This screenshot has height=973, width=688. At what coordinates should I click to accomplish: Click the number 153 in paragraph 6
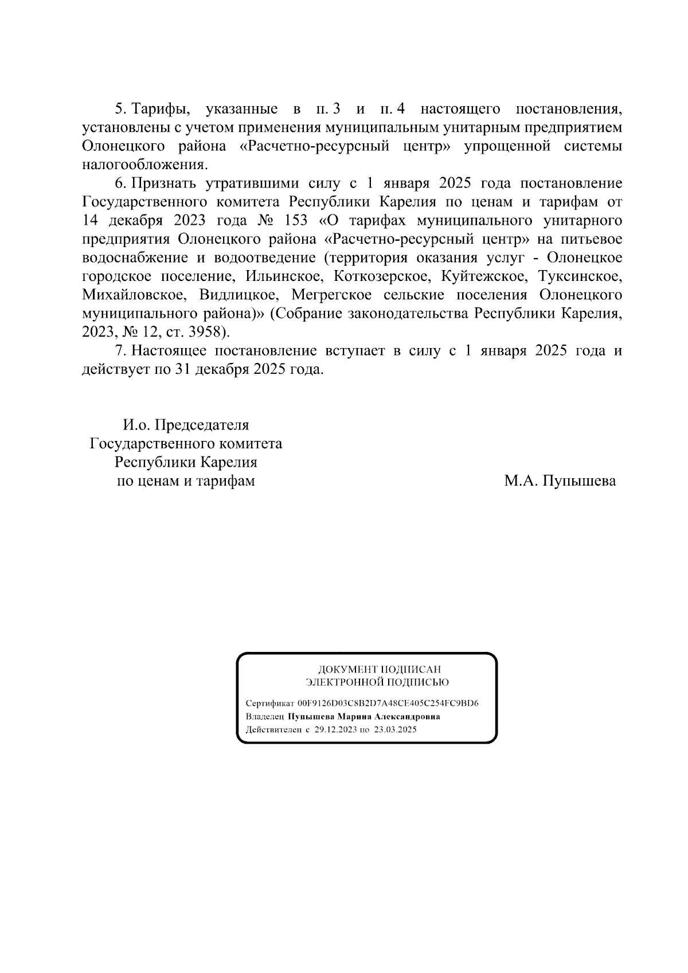tap(296, 221)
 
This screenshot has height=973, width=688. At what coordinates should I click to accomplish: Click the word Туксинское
tap(580, 276)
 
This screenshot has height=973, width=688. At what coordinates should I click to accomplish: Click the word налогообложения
tap(143, 165)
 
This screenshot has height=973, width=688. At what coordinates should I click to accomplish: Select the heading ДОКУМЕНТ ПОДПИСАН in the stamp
tap(380, 669)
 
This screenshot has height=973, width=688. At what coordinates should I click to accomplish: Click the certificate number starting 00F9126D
tap(388, 704)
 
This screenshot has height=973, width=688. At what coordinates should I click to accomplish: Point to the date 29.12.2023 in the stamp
tap(335, 730)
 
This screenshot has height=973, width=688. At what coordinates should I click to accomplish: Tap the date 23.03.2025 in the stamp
tap(396, 730)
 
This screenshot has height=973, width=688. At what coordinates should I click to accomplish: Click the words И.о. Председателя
tap(186, 425)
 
